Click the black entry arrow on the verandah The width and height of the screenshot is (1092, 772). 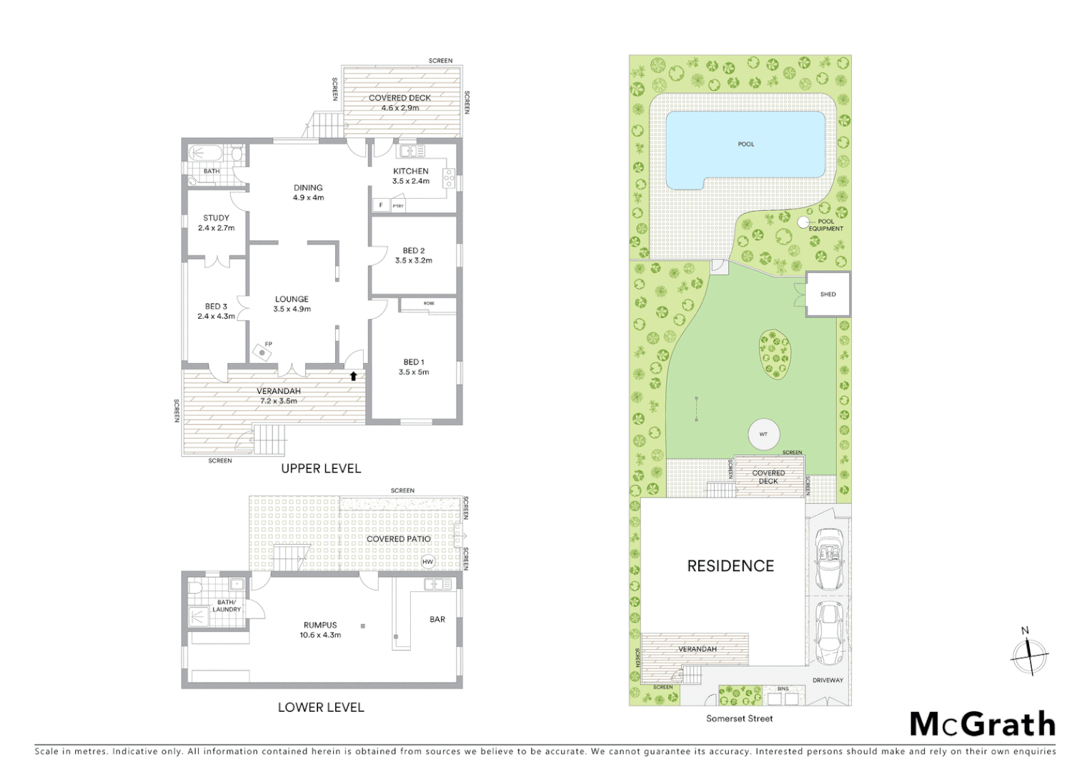pos(353,376)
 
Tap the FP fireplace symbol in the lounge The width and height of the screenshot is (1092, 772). pos(263,352)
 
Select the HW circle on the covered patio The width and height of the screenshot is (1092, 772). pos(427,562)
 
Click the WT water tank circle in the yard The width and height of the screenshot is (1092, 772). pos(763,435)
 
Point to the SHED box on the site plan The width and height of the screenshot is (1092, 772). pos(828,294)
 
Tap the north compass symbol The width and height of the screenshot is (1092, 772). pos(1029,653)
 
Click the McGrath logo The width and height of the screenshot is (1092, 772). pos(982,724)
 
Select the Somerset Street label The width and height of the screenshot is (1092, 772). pos(739,718)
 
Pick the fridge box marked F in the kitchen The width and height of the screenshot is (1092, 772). pos(380,205)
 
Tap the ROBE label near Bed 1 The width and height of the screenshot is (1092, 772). pos(428,303)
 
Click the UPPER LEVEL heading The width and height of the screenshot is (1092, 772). pos(321,468)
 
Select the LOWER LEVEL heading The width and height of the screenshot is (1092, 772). pos(321,707)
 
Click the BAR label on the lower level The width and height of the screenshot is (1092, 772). pos(437,619)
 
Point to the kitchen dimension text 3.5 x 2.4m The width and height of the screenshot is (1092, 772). pos(411,181)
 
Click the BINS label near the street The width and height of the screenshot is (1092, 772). pos(783,689)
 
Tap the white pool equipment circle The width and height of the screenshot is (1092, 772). pos(803,222)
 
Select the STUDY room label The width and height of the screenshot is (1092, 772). pos(216,218)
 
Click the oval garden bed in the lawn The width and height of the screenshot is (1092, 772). pos(775,354)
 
